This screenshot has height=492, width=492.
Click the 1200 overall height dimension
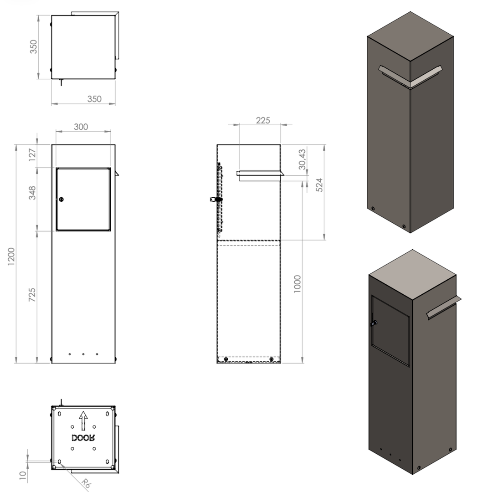[x=11, y=256]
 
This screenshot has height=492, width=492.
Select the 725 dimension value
[x=32, y=295]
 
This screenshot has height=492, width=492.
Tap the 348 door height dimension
[x=32, y=193]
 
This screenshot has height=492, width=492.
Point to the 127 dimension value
[x=32, y=155]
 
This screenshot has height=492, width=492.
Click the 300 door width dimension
[x=81, y=127]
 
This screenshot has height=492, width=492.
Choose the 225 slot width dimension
[x=263, y=120]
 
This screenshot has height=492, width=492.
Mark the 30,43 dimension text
[x=302, y=159]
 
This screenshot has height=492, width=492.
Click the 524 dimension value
[x=319, y=185]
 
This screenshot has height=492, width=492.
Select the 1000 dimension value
[x=297, y=284]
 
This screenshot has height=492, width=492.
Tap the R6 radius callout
[x=85, y=483]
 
